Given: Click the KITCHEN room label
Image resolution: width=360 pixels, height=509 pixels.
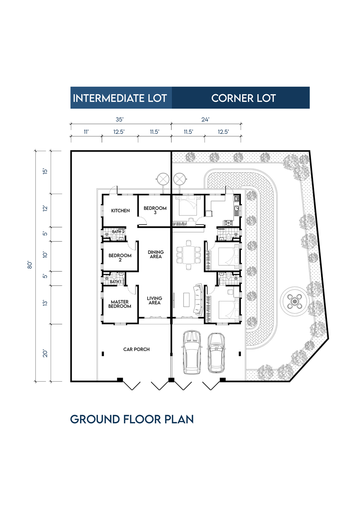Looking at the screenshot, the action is [121, 211].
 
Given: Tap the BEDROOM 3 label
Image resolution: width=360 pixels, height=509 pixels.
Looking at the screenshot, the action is [155, 210].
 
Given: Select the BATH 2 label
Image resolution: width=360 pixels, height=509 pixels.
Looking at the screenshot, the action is [118, 231].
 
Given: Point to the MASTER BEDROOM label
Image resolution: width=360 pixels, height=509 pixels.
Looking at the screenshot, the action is [120, 304].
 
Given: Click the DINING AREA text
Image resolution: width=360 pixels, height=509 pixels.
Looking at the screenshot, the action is [156, 254].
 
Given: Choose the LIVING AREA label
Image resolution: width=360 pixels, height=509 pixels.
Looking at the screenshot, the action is [154, 301].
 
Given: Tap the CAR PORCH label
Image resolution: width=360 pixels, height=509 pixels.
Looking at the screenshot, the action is [136, 349].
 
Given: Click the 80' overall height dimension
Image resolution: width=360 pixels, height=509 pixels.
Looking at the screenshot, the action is [30, 265].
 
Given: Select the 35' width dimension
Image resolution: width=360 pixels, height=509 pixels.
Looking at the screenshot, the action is [120, 119].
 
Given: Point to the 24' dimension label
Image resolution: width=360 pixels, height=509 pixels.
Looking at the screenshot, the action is [205, 119].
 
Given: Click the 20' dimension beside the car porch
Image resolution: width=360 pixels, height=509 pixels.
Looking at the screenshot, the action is [45, 353].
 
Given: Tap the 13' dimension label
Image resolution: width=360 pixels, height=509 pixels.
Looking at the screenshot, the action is [45, 303].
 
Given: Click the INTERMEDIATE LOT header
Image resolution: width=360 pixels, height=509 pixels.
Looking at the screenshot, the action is [120, 98].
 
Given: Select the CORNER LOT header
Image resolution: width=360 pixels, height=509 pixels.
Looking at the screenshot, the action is [243, 98].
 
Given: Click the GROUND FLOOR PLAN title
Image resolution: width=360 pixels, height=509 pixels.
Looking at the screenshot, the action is [132, 419].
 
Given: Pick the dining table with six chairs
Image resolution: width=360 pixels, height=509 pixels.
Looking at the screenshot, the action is [188, 255].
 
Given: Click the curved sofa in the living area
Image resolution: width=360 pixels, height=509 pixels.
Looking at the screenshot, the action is [198, 299].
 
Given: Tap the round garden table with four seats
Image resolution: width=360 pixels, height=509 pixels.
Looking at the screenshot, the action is [294, 301].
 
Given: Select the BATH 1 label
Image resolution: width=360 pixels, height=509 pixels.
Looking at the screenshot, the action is [116, 282].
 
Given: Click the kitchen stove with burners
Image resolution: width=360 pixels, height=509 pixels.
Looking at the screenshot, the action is [229, 223].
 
